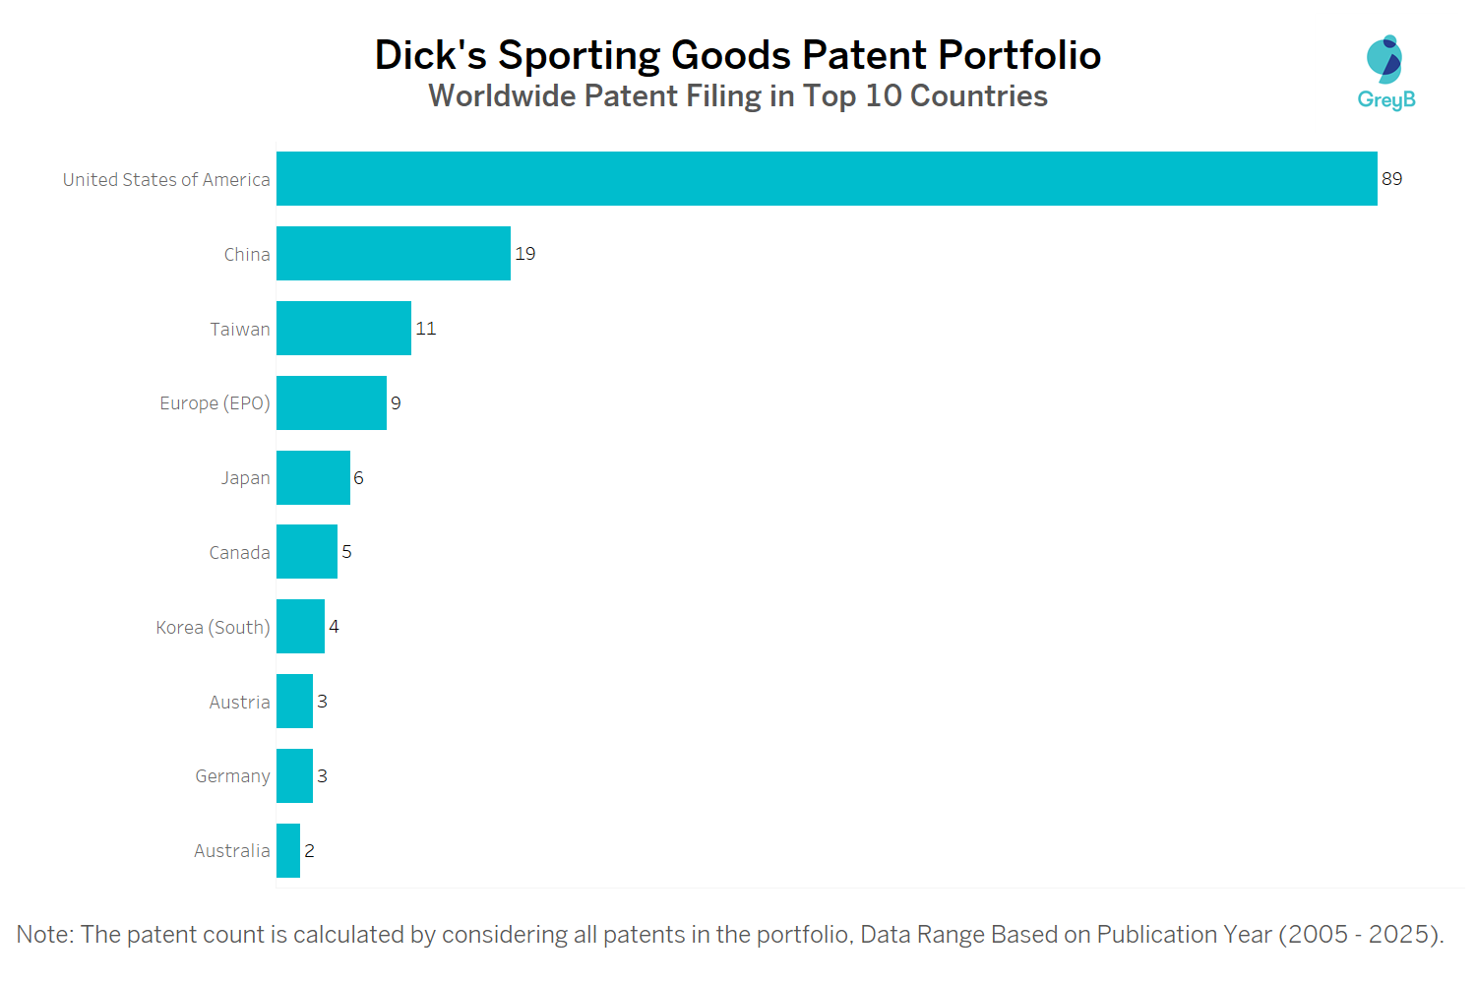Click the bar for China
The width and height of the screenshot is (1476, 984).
pyautogui.click(x=394, y=254)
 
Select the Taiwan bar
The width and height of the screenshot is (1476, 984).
pyautogui.click(x=343, y=329)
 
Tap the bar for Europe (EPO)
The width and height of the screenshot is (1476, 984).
pyautogui.click(x=332, y=403)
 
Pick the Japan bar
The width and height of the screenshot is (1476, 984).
pyautogui.click(x=313, y=478)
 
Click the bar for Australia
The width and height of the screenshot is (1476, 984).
pyautogui.click(x=288, y=851)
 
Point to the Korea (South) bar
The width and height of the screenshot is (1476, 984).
pyautogui.click(x=300, y=627)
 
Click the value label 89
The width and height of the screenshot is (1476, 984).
pyautogui.click(x=1391, y=179)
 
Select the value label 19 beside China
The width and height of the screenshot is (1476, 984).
pyautogui.click(x=525, y=254)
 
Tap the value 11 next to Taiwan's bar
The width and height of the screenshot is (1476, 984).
pyautogui.click(x=426, y=329)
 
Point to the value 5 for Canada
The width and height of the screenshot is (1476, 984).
pyautogui.click(x=346, y=552)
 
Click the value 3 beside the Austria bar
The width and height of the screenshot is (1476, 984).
pyautogui.click(x=322, y=702)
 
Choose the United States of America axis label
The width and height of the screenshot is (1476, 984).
pyautogui.click(x=166, y=180)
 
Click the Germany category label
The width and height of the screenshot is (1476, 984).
pyautogui.click(x=232, y=776)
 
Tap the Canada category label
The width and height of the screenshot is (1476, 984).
pyautogui.click(x=239, y=553)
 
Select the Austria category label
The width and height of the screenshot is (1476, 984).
pyautogui.click(x=239, y=703)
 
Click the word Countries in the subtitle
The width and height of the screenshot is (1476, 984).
pyautogui.click(x=979, y=96)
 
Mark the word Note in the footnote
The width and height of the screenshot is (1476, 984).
pyautogui.click(x=43, y=935)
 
